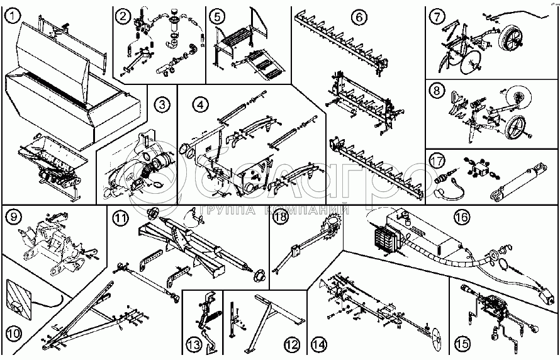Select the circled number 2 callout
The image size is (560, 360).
(x=124, y=16)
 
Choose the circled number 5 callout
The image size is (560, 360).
(x=217, y=15)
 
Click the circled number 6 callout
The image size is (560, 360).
(x=359, y=17)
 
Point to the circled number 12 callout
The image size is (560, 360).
(x=291, y=344)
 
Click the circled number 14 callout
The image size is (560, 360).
(x=320, y=344)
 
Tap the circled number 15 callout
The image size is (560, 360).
(x=462, y=344)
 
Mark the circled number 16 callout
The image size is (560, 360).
(x=462, y=218)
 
